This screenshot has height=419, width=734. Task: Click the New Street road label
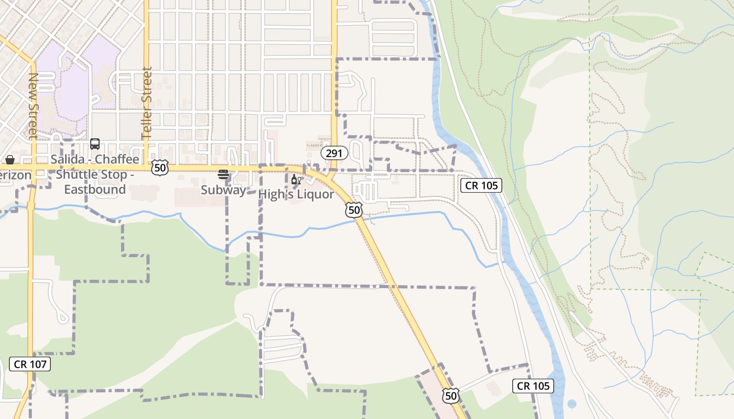pos(33,105)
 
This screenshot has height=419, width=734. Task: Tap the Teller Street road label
pos(147,103)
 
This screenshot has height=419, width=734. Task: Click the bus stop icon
pos(95,144)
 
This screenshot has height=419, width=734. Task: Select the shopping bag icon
pos(9,160)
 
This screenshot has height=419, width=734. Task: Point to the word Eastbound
pos(95,189)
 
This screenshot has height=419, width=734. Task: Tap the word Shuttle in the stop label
pos(77,174)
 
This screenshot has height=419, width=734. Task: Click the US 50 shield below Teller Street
pos(160,168)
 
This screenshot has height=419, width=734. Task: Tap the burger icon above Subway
pos(223,175)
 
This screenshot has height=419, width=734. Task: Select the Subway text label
pos(223,190)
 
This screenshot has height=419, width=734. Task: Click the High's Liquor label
pos(296,194)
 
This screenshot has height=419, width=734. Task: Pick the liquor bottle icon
pos(296,180)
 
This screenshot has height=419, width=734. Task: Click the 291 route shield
pos(334,153)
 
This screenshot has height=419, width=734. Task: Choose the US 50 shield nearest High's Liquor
pos(354,211)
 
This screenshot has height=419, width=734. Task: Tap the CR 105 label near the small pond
pos(533,386)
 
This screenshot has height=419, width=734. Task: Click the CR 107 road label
pos(30,364)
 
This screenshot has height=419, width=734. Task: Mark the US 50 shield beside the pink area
pos(450,395)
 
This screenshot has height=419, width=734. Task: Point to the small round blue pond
pos(571,404)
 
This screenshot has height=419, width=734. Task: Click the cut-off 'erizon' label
pos(15,175)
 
